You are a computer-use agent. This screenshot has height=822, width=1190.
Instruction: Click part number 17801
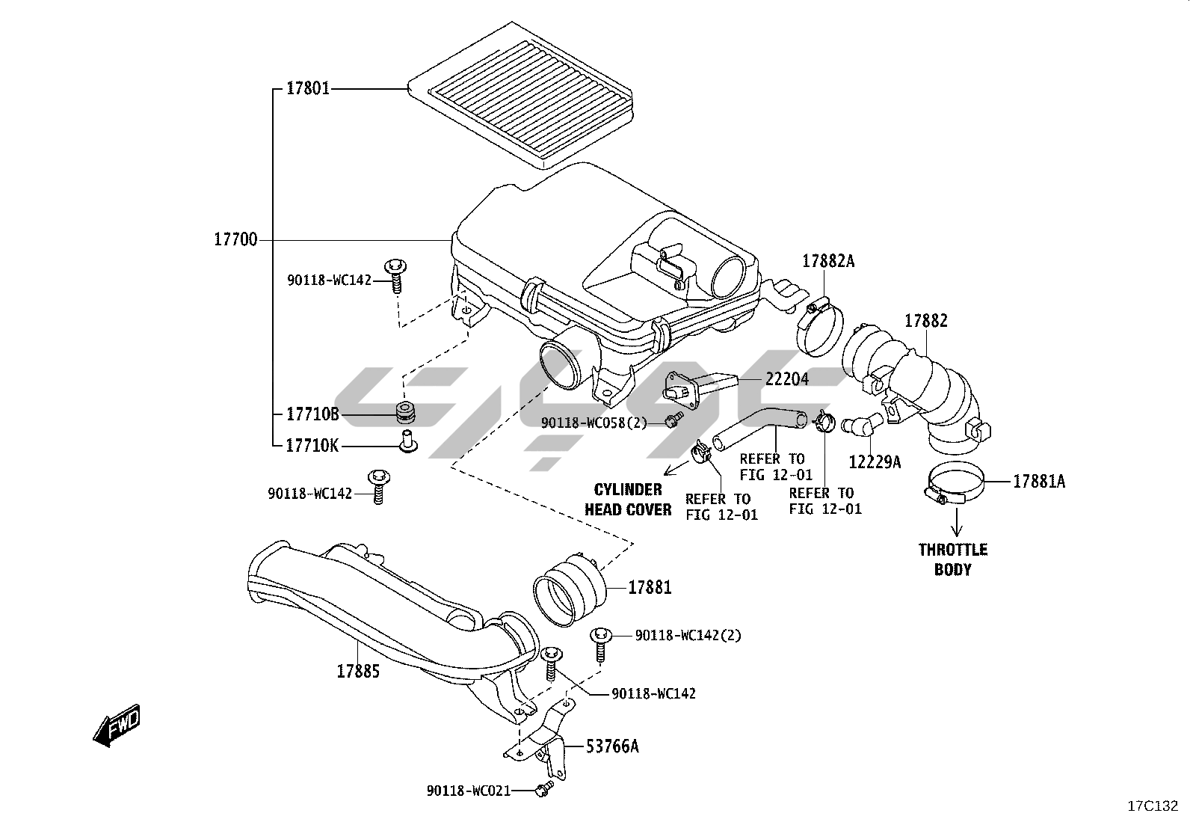(x=308, y=89)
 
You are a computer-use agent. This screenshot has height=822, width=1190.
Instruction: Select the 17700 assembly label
(x=235, y=240)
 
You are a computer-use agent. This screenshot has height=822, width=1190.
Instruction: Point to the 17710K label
(x=312, y=446)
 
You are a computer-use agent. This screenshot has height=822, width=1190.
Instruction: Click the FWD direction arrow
(x=117, y=725)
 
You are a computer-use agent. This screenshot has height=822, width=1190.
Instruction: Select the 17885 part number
(x=357, y=671)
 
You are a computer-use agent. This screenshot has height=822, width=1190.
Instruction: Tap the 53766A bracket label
(x=612, y=746)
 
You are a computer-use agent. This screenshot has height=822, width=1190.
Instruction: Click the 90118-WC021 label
(x=469, y=790)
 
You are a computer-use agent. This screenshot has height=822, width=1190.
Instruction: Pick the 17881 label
(x=650, y=588)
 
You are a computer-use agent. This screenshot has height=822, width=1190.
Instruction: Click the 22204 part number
(x=786, y=379)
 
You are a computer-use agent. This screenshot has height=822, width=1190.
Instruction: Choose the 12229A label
(x=875, y=462)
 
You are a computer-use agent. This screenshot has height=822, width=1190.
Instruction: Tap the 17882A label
(x=828, y=261)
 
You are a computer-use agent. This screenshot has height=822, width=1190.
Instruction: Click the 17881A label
(x=1039, y=482)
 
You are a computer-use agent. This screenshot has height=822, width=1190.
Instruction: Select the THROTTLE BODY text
(x=953, y=559)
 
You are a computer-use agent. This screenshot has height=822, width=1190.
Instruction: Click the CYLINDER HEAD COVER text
(x=628, y=500)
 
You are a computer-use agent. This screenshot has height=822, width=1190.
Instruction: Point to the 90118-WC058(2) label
(x=594, y=423)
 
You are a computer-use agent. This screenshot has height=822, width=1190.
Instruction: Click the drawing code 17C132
(x=1153, y=806)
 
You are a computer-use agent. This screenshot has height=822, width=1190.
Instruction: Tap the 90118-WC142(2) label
(x=688, y=635)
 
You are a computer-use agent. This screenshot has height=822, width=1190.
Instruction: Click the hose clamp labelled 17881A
(x=953, y=484)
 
